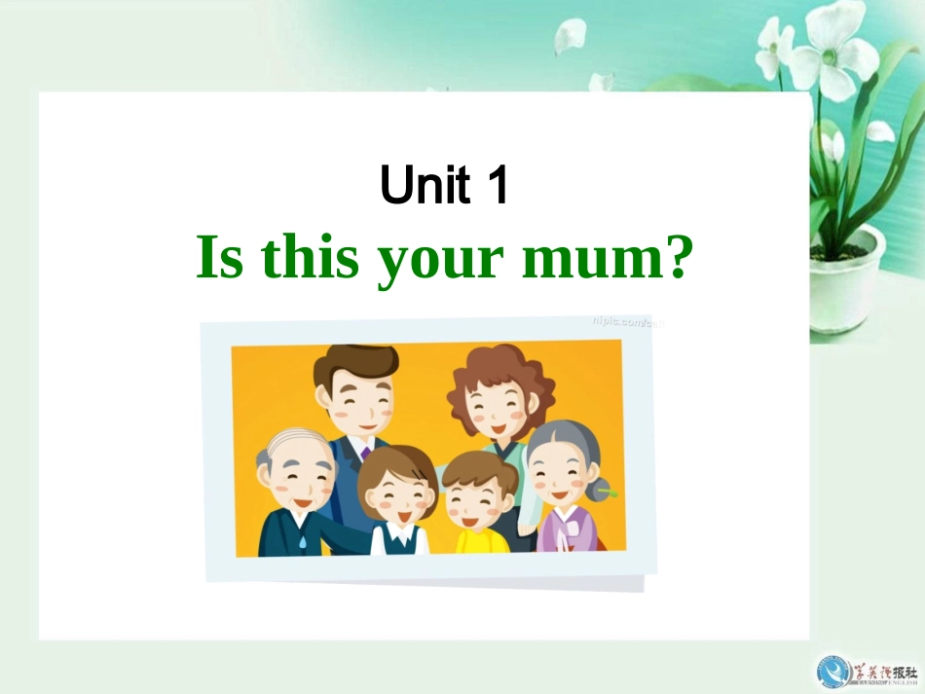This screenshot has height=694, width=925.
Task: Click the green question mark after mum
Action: click(680, 258)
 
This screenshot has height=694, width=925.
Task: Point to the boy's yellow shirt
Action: click(481, 538)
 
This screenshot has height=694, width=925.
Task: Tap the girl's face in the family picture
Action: click(395, 494)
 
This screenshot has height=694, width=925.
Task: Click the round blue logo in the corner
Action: click(833, 672)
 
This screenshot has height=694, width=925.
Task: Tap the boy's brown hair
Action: click(479, 467)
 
